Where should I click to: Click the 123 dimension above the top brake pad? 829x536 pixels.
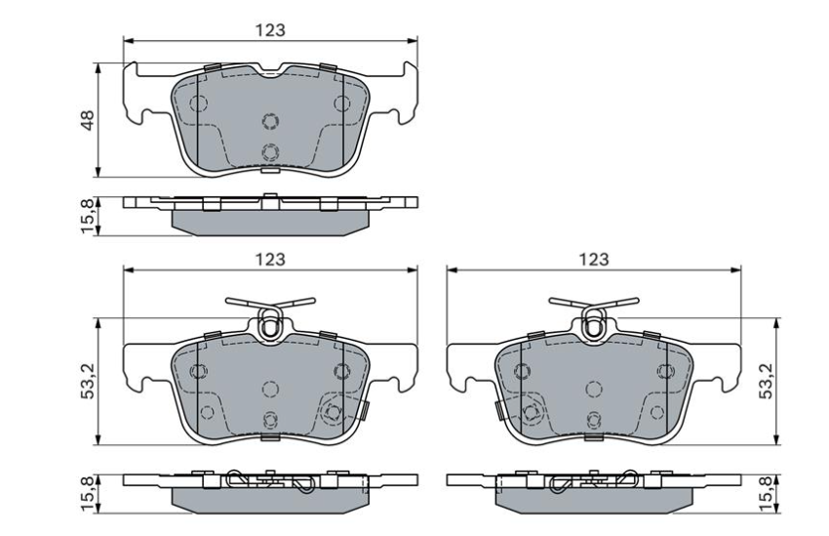coord(270,29)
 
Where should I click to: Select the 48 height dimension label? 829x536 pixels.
coord(88,121)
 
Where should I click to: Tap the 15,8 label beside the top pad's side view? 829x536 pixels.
coord(88,215)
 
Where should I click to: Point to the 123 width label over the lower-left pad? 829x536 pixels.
coord(270,259)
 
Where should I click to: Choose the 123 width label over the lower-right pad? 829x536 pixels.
coord(593,259)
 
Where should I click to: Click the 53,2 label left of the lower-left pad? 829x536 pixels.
coord(88,381)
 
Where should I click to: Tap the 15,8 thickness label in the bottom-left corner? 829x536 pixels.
coord(88,494)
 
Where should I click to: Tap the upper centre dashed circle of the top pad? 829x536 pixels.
coord(270,121)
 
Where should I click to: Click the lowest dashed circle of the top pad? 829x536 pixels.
coord(270,151)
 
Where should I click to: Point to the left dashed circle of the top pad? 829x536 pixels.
coord(199,103)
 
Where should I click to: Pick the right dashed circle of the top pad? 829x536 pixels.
coord(341,103)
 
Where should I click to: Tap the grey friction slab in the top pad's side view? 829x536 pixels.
coord(270,221)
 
